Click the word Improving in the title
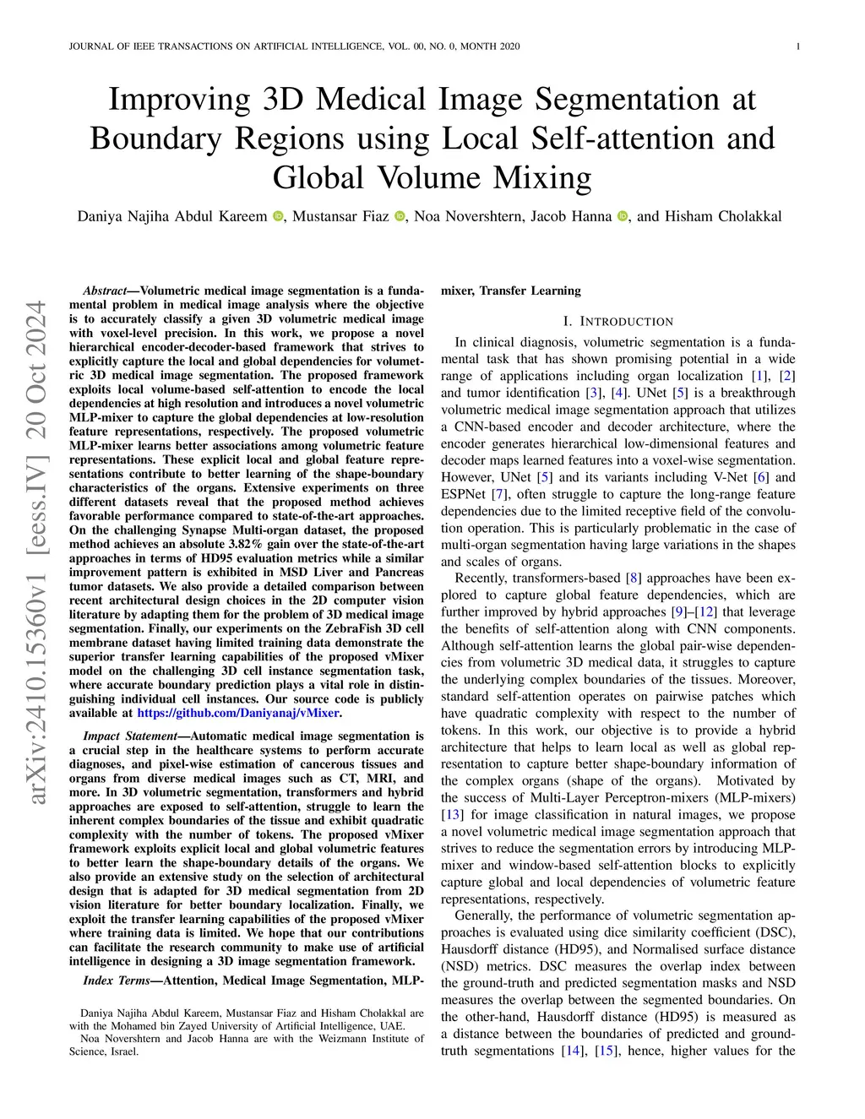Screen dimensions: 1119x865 pos(179,100)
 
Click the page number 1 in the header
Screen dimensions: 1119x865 pos(798,46)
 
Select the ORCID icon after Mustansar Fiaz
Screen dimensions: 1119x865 pos(400,217)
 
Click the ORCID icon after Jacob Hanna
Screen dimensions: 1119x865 pos(623,217)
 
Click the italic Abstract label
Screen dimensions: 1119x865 pos(104,291)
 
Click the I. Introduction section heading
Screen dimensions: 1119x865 pos(617,321)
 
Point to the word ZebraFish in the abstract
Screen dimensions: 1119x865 pos(329,628)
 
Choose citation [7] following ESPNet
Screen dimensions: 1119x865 pos(499,493)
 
